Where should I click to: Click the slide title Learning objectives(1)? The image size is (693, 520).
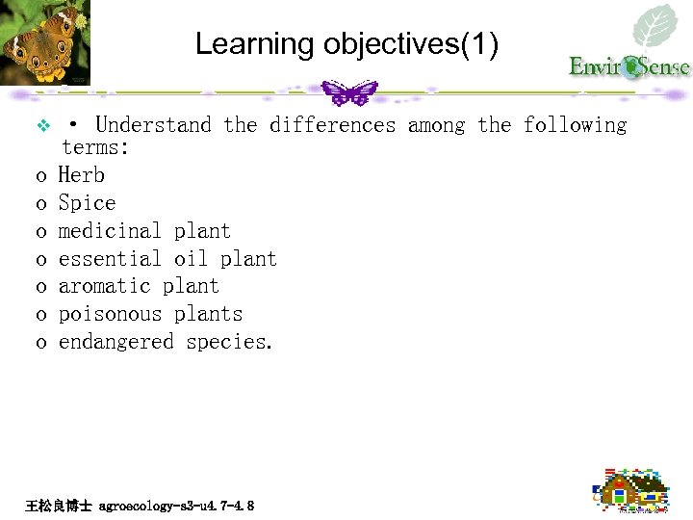[346, 44]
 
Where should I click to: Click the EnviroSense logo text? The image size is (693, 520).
[629, 66]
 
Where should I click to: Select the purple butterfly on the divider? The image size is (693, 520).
[347, 92]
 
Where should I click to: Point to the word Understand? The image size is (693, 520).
[153, 125]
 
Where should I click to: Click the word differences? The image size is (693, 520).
[332, 125]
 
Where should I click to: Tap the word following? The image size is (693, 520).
[575, 125]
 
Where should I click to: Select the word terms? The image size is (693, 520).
[95, 147]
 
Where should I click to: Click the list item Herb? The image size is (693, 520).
[82, 175]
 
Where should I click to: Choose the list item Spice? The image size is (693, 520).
[87, 203]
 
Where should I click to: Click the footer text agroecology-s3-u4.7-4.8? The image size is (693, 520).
[176, 505]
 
